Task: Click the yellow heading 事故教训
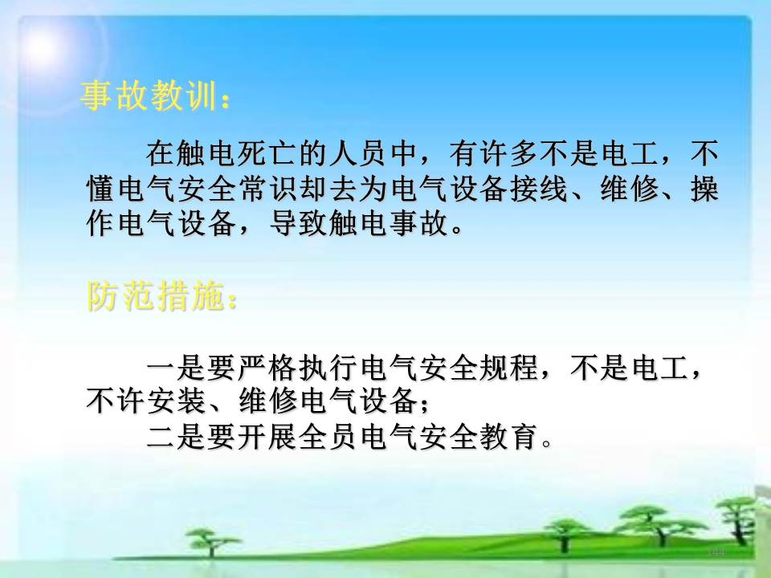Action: (x=149, y=95)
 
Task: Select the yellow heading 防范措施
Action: (x=156, y=295)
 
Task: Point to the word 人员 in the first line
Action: (x=360, y=153)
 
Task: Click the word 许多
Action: (x=509, y=153)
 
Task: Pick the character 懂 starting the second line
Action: (x=101, y=188)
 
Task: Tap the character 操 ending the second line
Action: (x=704, y=188)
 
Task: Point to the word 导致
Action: (x=299, y=223)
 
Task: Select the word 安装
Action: (x=176, y=401)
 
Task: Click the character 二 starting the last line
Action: (x=161, y=437)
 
